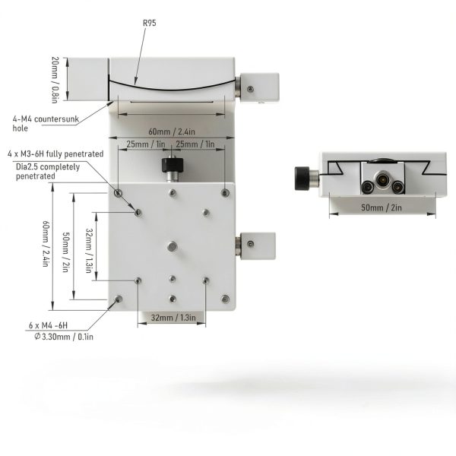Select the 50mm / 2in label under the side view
click(382, 207)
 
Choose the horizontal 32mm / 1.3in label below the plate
click(171, 318)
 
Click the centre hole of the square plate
click(173, 246)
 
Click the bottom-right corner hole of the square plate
click(226, 299)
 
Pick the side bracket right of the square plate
click(257, 244)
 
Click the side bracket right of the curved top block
click(261, 87)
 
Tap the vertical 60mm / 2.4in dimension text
click(47, 242)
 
